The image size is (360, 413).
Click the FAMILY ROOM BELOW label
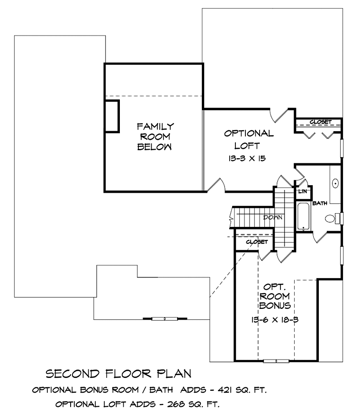point(155,136)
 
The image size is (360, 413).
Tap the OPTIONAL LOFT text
point(249,139)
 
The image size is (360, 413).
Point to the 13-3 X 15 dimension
point(247,158)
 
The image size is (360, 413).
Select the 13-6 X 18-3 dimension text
point(274,320)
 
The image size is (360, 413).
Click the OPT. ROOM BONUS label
point(275,296)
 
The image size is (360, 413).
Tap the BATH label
point(320,203)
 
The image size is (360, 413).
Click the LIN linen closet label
point(303,191)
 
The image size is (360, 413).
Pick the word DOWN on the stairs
point(273,217)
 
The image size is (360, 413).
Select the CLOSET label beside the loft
point(321,122)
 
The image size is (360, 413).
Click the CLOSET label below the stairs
point(257,242)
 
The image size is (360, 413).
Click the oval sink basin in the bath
point(335,183)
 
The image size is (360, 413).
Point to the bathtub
point(304,216)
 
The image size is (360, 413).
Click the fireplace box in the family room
point(112,116)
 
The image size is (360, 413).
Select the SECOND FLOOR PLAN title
point(118,374)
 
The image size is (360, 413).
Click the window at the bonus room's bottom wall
point(276,361)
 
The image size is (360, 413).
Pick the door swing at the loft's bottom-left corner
point(216,185)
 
